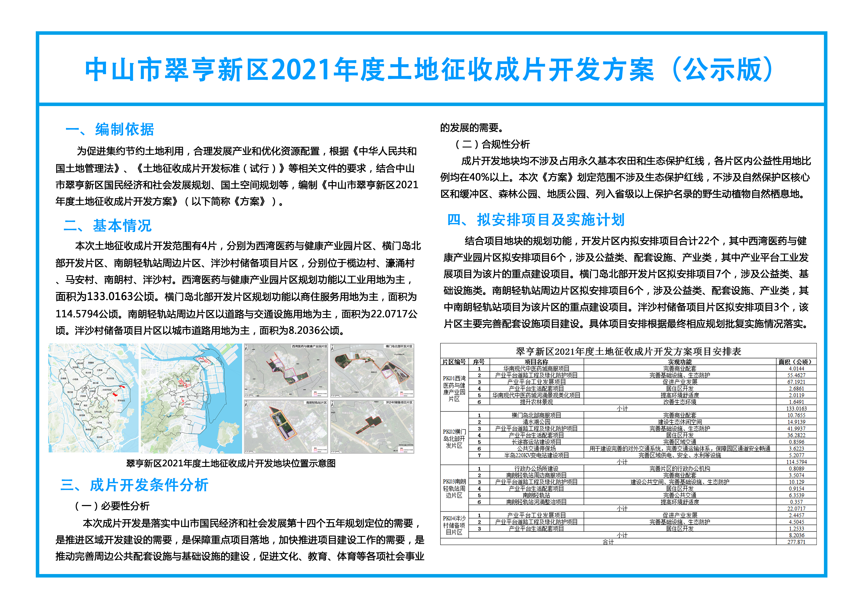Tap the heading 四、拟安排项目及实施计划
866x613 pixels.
[x=536, y=220]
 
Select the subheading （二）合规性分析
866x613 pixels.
[x=492, y=144]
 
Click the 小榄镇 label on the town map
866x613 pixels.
[x=75, y=379]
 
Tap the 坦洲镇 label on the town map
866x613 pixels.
[x=100, y=437]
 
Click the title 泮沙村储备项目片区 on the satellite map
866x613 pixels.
[x=399, y=402]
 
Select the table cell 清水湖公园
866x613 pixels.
[x=536, y=422]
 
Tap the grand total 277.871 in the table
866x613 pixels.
[x=796, y=542]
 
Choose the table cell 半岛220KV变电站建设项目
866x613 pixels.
[x=536, y=455]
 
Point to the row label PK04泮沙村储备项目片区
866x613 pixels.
[x=454, y=525]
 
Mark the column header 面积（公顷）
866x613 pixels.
[x=796, y=362]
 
